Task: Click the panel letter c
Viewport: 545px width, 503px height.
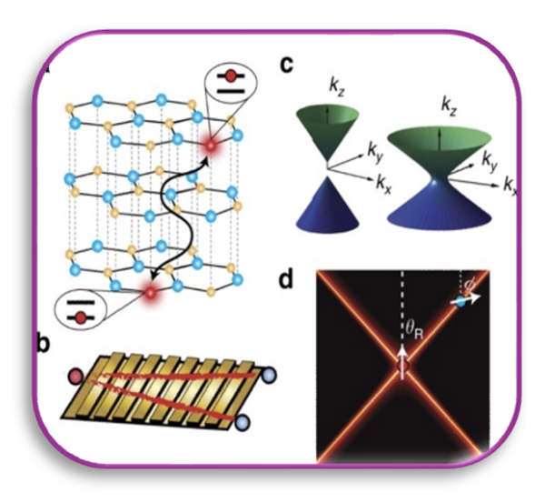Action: tap(287, 65)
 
